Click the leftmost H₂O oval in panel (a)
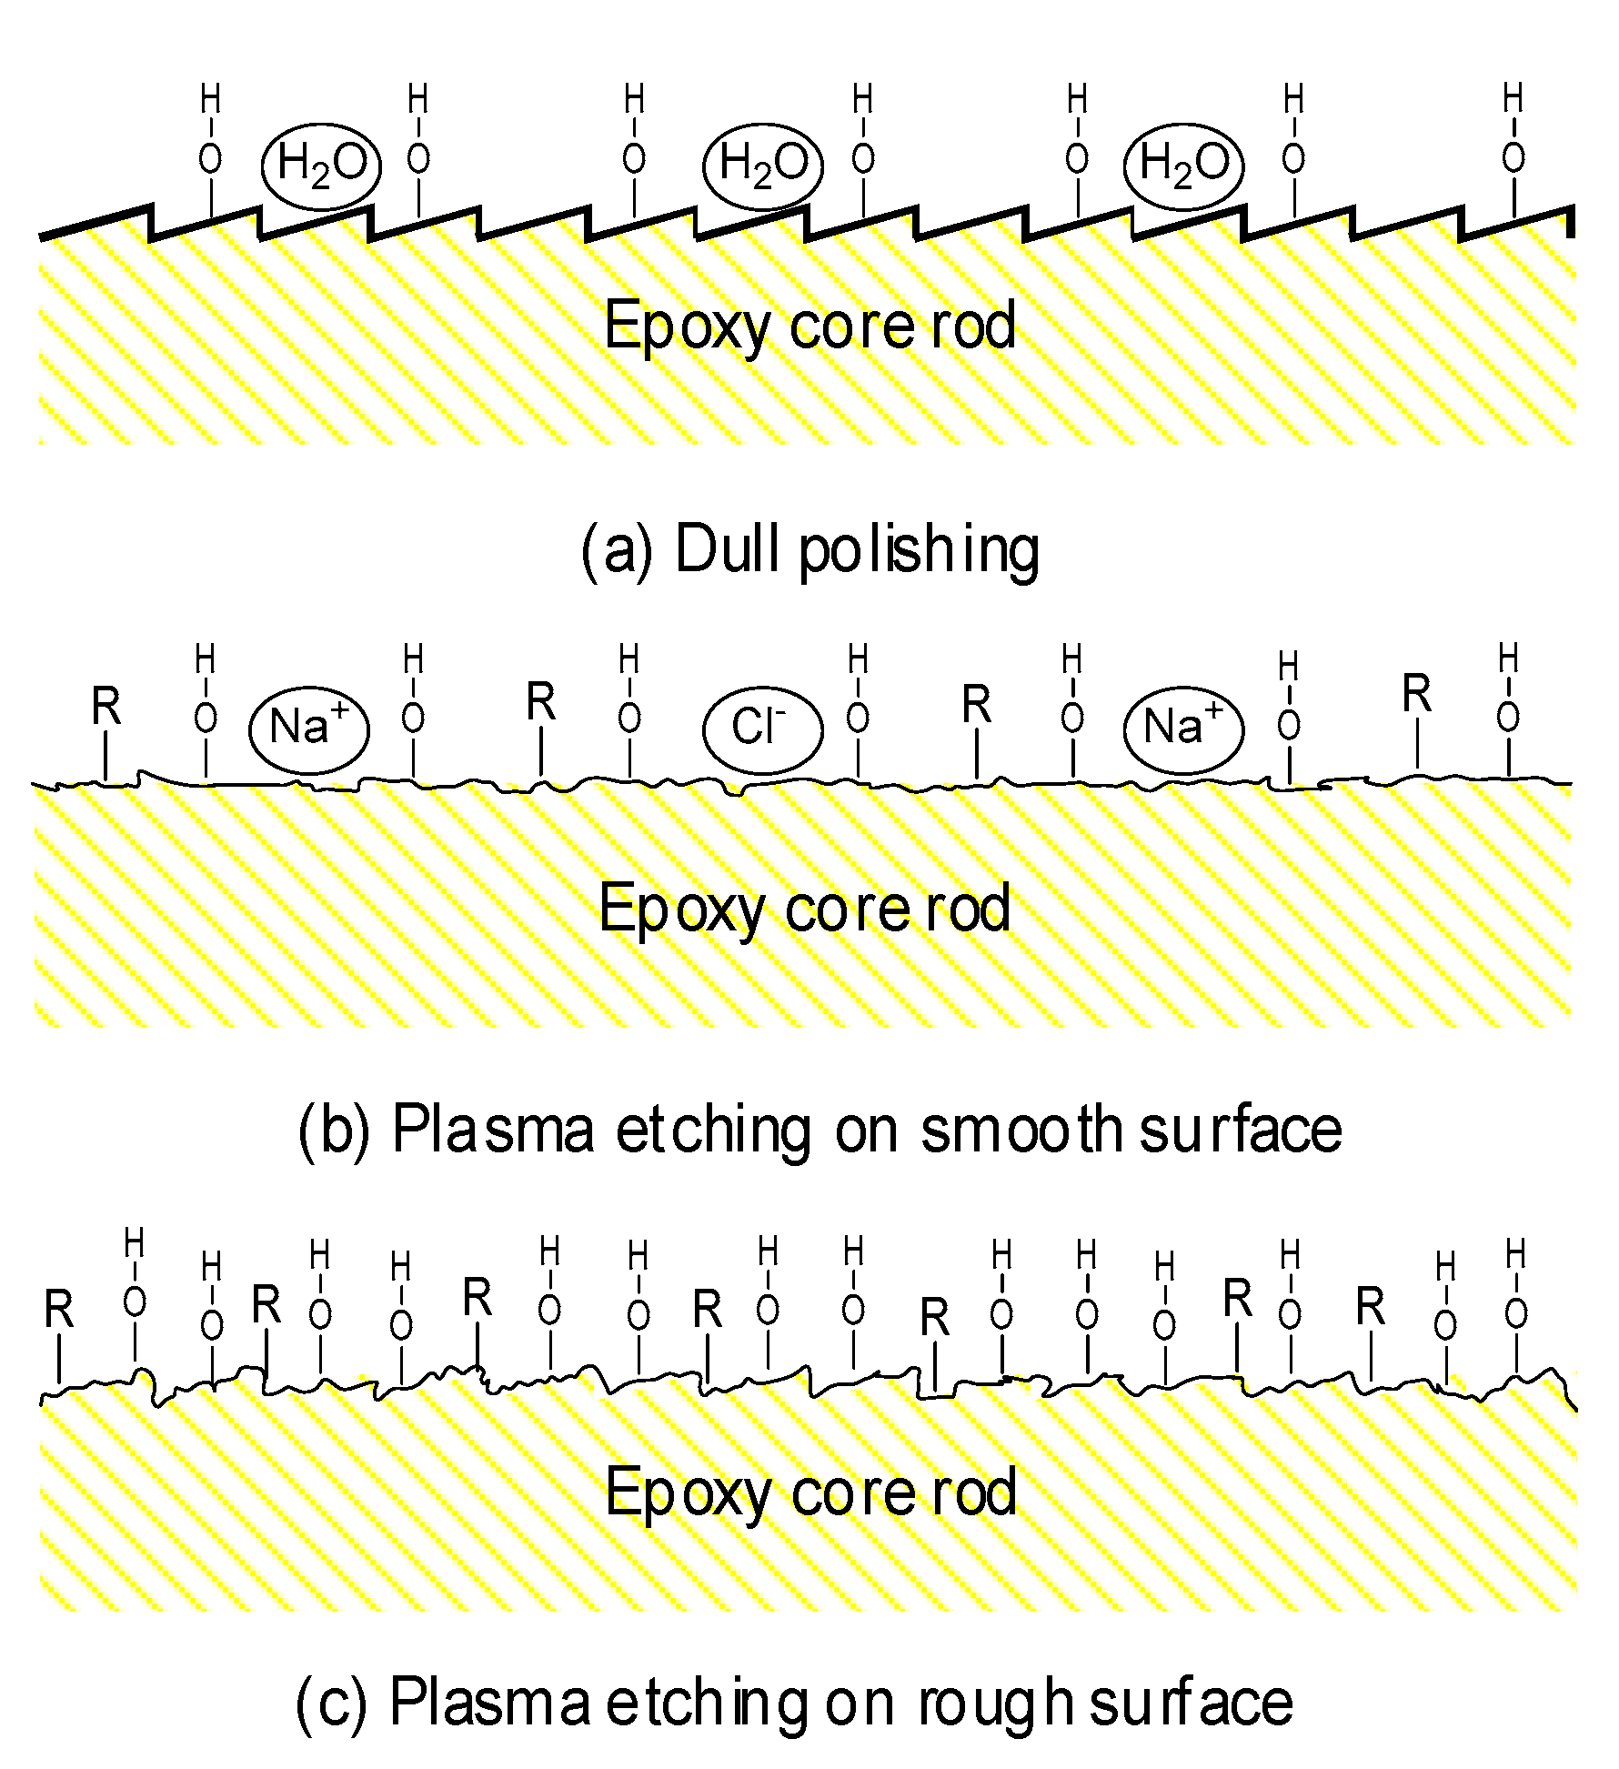(x=321, y=166)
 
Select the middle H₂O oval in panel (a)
(x=763, y=166)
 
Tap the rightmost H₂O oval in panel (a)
(x=1183, y=166)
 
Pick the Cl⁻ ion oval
(x=762, y=729)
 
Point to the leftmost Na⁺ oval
(x=309, y=729)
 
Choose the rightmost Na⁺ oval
(x=1183, y=729)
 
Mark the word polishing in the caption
(x=919, y=552)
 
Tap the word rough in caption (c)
(x=996, y=1703)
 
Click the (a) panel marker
(x=617, y=550)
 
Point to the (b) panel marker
(x=335, y=1131)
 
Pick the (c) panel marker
(x=331, y=1703)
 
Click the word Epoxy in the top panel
(x=687, y=327)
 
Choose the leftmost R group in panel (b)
(x=106, y=707)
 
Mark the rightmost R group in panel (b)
(x=1416, y=695)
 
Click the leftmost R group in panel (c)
(x=59, y=1311)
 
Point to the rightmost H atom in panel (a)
(x=1513, y=97)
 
